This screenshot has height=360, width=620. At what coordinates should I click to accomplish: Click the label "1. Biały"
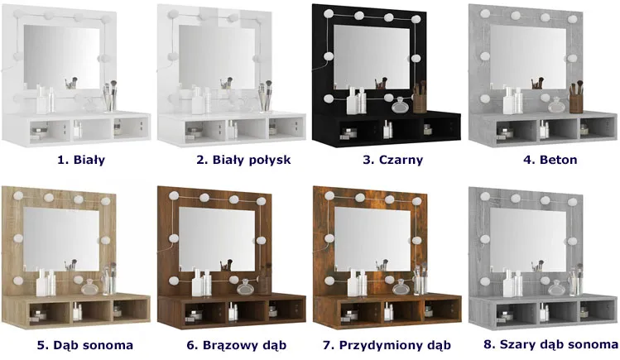click(x=81, y=160)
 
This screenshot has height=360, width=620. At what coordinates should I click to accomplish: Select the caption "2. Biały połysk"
click(x=243, y=160)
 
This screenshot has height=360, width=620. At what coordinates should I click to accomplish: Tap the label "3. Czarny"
click(x=393, y=160)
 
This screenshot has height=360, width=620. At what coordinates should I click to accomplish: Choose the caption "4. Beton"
click(x=550, y=160)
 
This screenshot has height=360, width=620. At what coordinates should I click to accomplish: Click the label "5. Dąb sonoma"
click(x=85, y=345)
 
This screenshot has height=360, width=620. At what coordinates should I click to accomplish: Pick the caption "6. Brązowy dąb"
click(x=237, y=345)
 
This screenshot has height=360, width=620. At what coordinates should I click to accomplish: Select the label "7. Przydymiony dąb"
click(x=387, y=345)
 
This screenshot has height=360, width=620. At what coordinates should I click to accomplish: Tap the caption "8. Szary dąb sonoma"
click(x=551, y=344)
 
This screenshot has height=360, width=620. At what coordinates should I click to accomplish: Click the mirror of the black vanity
click(x=372, y=57)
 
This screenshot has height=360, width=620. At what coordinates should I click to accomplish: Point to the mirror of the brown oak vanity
click(x=217, y=239)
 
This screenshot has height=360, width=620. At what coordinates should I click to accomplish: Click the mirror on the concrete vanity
click(x=528, y=57)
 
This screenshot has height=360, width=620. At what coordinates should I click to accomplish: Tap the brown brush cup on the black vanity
click(x=420, y=102)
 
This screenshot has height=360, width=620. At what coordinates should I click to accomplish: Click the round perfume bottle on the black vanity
click(x=399, y=106)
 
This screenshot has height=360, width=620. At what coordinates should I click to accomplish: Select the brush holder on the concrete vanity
click(x=576, y=102)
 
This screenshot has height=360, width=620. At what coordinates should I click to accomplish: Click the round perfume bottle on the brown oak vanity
click(x=244, y=288)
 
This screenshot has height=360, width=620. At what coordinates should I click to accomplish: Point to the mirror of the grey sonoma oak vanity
click(x=528, y=240)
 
